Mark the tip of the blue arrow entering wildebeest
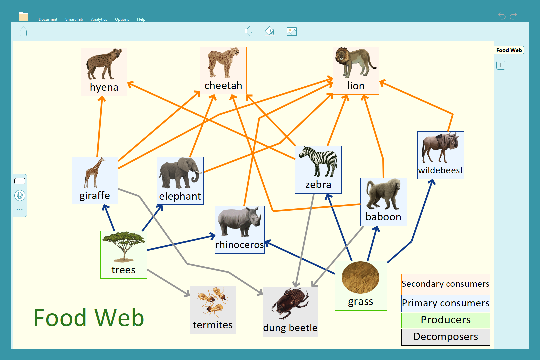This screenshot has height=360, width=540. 433,179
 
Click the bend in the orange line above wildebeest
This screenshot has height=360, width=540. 452,114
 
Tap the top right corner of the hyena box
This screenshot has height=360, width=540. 127,48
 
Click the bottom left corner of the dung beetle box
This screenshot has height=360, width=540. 263,337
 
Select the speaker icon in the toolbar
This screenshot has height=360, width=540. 248,31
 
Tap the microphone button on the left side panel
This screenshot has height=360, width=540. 20,195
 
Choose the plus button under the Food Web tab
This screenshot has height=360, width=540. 501,65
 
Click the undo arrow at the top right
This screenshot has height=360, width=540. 502,16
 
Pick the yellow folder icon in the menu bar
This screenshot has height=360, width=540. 24,16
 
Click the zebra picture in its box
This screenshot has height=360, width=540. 318,162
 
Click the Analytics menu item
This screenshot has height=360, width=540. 99,19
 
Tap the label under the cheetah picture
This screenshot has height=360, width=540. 223,86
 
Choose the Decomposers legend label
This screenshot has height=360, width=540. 446,337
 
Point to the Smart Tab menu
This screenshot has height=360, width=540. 74,19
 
